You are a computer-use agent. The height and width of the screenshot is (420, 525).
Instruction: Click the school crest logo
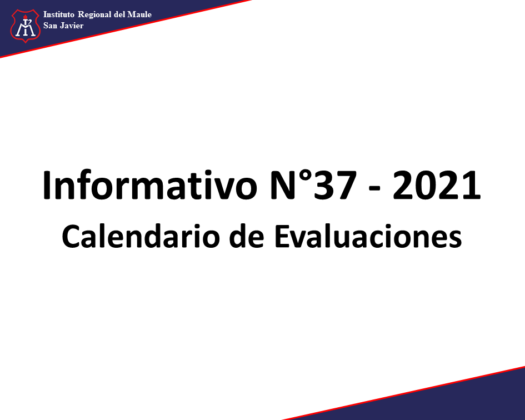click(x=26, y=26)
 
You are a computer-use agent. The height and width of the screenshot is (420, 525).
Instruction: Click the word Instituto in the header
click(x=58, y=14)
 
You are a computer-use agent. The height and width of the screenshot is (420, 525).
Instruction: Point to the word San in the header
click(x=50, y=26)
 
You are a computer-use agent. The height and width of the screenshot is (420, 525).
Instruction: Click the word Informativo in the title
click(x=149, y=185)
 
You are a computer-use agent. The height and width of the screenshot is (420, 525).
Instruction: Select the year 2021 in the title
click(x=437, y=185)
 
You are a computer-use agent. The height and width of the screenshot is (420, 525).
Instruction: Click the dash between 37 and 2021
click(x=374, y=189)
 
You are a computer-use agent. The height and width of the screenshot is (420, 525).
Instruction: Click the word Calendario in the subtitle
click(x=141, y=236)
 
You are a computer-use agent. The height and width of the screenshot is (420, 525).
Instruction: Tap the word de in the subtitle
click(x=247, y=236)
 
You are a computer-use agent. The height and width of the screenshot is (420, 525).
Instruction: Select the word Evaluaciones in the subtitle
click(x=368, y=236)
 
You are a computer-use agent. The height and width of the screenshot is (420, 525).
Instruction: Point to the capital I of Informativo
click(x=47, y=185)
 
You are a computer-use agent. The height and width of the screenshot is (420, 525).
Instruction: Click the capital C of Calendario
click(x=72, y=237)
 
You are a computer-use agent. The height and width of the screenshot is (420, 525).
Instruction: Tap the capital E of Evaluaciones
click(x=282, y=236)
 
